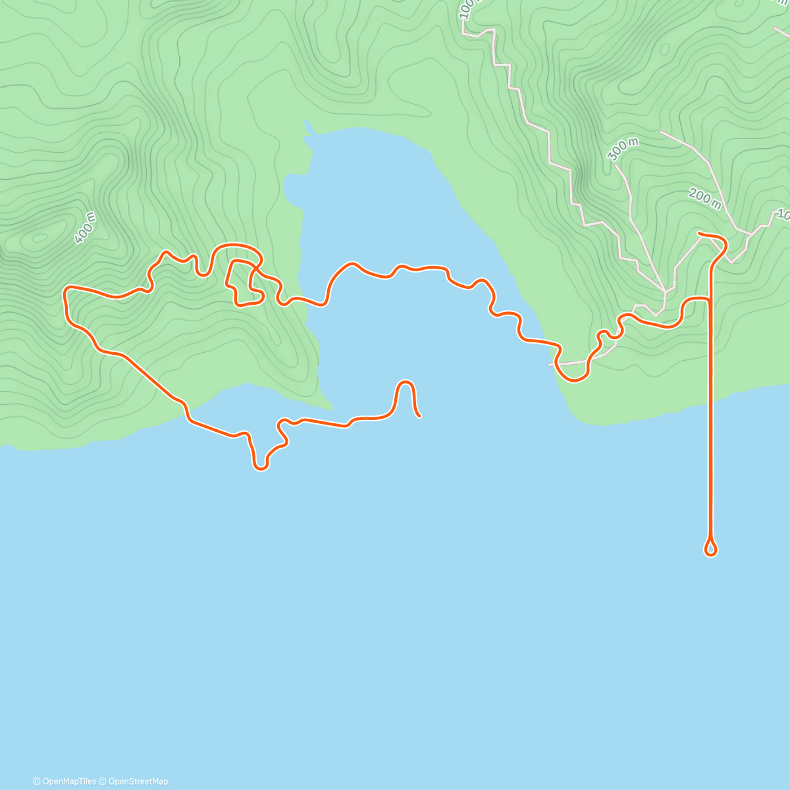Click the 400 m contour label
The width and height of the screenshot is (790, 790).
(x=85, y=228)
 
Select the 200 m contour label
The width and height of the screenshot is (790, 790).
(x=704, y=197)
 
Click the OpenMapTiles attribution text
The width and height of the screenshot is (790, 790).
(x=64, y=781)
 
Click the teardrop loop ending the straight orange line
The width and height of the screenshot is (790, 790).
(x=710, y=548)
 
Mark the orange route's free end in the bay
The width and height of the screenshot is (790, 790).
(x=419, y=415)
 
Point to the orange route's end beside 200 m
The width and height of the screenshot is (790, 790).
(x=699, y=234)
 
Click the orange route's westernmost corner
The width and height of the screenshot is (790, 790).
(x=65, y=290)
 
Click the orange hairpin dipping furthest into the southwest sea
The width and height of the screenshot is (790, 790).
(x=261, y=467)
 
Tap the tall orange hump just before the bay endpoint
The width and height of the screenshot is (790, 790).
(x=406, y=383)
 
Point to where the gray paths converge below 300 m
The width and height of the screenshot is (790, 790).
(x=665, y=290)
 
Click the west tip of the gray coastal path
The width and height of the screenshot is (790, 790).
(x=550, y=364)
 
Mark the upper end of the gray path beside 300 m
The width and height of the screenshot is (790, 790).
(x=617, y=166)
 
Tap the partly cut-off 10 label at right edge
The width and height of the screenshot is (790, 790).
(x=782, y=215)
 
